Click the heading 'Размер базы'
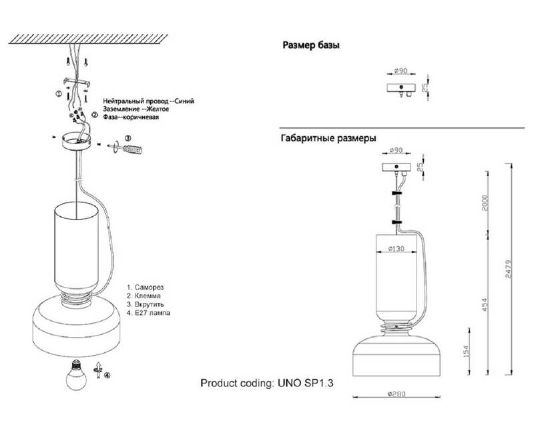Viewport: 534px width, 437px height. (311, 46)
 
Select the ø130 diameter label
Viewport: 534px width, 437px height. (399, 250)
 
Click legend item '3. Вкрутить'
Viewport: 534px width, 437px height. (148, 303)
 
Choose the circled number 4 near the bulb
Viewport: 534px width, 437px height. (107, 375)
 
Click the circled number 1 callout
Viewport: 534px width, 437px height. (59, 95)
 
